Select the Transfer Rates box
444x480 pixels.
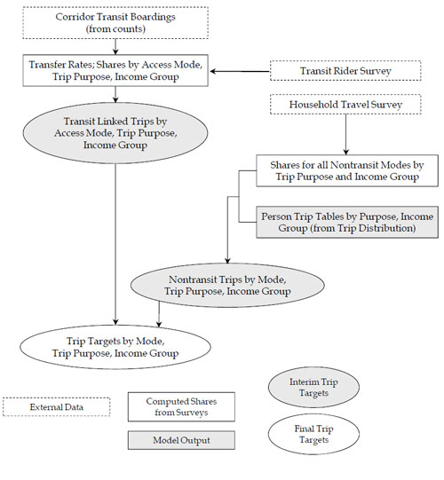click(x=115, y=69)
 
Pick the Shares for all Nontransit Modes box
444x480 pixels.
click(x=337, y=170)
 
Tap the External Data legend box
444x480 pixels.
click(x=57, y=406)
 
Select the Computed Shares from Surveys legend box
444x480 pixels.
click(x=181, y=407)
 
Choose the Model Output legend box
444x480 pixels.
click(x=181, y=439)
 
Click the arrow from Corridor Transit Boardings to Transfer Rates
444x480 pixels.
click(x=115, y=46)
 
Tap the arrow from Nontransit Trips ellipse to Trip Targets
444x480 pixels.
click(x=159, y=313)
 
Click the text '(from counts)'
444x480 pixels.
click(x=115, y=28)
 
